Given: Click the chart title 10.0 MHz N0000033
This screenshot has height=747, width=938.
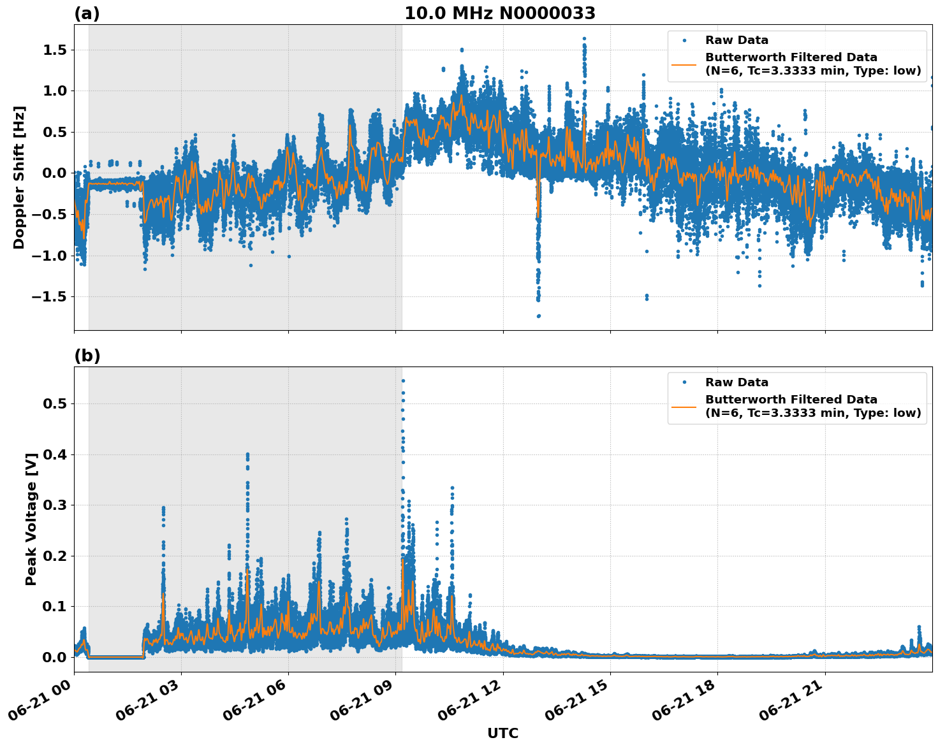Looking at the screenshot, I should (499, 13).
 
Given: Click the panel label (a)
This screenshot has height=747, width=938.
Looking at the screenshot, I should (87, 13).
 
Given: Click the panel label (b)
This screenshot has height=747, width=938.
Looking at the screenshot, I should (87, 356).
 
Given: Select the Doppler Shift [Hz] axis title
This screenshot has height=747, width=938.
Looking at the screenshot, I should (19, 177).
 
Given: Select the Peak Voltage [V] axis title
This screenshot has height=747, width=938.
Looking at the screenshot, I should (31, 519).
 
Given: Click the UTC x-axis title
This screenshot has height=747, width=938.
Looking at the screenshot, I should (502, 733).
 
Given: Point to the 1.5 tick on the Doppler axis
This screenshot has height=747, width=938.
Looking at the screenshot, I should (55, 50).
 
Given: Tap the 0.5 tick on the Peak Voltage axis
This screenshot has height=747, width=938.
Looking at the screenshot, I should (55, 403).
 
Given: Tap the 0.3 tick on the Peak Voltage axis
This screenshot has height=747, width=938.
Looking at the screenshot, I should (55, 505).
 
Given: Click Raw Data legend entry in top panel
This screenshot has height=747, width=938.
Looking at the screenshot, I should (736, 40).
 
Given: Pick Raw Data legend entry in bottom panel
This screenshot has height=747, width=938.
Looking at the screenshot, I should (736, 382).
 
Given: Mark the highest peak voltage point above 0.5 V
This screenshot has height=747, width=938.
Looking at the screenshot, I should (403, 381).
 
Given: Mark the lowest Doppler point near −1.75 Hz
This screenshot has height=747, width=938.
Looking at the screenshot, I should (538, 315).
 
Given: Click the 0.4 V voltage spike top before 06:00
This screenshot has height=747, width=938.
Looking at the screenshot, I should (247, 454).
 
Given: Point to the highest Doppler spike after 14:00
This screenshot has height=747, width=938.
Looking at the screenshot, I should (583, 39).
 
